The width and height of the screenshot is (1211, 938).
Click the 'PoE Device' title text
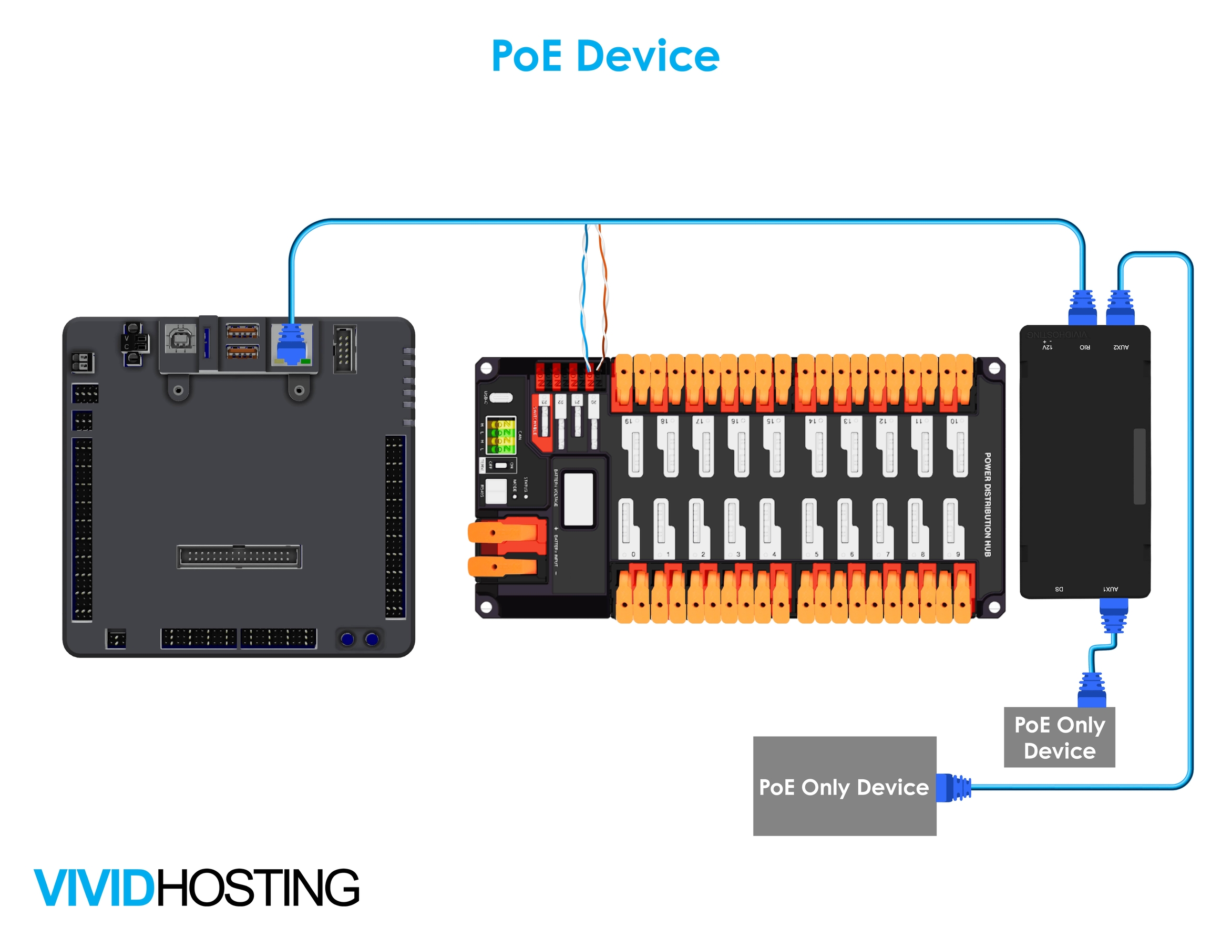point(605,56)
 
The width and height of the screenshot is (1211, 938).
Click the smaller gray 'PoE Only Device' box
point(1059,738)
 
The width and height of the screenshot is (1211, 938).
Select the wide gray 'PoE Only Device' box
point(844,786)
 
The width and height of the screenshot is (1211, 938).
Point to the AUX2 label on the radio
point(1121,347)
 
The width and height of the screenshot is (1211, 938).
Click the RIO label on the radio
point(1084,347)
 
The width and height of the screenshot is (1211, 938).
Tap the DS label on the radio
point(1059,589)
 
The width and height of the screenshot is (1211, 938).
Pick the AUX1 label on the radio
point(1111,589)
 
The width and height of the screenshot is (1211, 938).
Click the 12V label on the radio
point(1047,347)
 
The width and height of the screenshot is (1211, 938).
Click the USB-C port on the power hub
point(501,397)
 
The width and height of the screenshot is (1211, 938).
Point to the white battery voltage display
point(578,499)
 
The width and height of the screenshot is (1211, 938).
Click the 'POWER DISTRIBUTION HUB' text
point(988,504)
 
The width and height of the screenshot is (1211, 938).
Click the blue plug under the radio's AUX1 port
point(1113,615)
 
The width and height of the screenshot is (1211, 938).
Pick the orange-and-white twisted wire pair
point(603,294)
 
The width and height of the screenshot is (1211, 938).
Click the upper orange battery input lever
point(502,533)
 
